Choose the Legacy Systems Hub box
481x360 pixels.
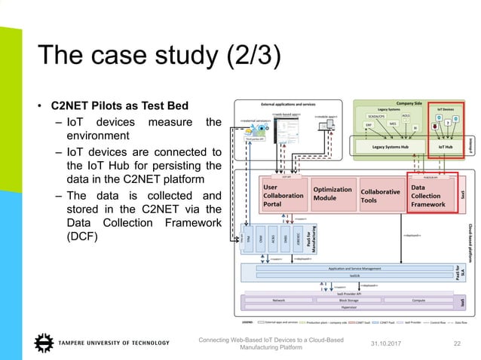point(385,147)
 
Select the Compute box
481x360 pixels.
point(418,300)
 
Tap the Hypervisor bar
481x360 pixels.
point(348,307)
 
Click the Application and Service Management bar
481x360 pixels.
point(348,268)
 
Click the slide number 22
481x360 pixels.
point(455,344)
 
